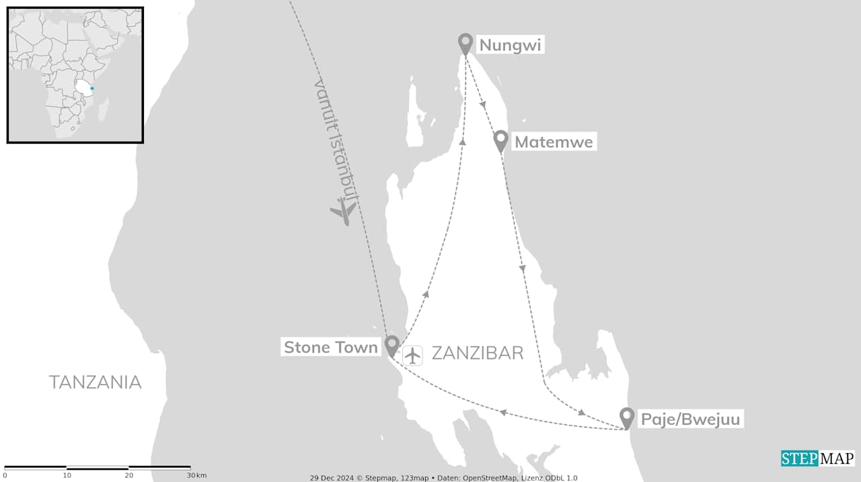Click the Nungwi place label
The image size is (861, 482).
[510, 46]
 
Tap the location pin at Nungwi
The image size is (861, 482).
[465, 43]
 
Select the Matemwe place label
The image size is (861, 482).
[554, 143]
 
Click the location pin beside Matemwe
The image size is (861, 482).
[500, 140]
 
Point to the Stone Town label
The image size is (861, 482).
[331, 348]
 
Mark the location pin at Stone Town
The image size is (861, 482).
[391, 346]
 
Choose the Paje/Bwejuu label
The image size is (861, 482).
[691, 420]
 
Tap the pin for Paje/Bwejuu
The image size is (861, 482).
[627, 417]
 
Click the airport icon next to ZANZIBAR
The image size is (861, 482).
[412, 354]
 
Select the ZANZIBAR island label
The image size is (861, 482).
[477, 354]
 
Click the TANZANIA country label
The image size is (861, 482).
[95, 383]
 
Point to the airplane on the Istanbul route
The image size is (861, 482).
[344, 211]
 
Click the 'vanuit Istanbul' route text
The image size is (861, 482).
[336, 141]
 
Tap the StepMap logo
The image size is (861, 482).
[817, 458]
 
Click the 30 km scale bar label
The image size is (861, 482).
[197, 475]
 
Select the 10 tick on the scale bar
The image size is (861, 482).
[67, 475]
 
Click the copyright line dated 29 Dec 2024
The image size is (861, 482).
[443, 478]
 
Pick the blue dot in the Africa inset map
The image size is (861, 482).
[92, 88]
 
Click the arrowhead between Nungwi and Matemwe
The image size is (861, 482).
[483, 105]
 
